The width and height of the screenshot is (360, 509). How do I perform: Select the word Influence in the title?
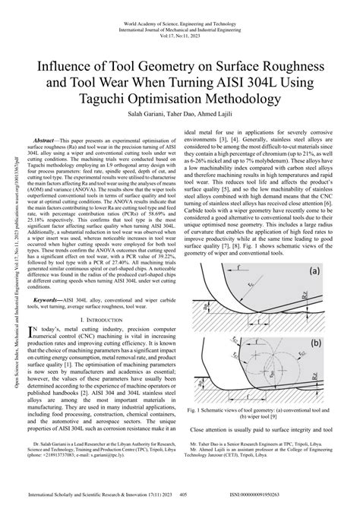click(x=65, y=66)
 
